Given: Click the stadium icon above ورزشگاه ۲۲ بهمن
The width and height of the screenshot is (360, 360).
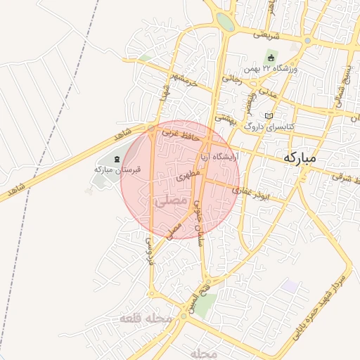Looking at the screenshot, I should coord(271,58).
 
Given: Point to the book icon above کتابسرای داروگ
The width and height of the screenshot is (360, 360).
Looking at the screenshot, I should coord(268,116).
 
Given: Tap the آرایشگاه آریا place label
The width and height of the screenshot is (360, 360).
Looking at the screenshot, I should coord(219,155).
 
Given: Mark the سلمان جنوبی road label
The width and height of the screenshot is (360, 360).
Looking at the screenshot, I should coord(198,222).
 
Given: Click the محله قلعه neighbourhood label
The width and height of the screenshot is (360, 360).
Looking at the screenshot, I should coord(146,318).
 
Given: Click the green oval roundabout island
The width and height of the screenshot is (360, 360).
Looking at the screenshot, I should coord(224,21).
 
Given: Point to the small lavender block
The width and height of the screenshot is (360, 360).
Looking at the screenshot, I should coord(289,286).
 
